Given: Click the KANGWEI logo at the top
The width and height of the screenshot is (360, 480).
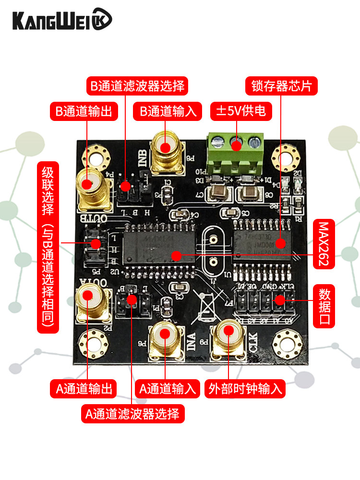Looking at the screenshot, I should pos(62,20).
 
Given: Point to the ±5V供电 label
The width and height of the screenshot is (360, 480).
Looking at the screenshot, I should pos(241,111).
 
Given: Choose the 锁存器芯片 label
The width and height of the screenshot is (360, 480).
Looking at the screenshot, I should pos(282,86).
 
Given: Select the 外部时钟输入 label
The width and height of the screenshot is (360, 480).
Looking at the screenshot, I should pos(245,388).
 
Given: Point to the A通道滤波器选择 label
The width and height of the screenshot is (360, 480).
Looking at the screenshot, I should pos(132,413).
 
